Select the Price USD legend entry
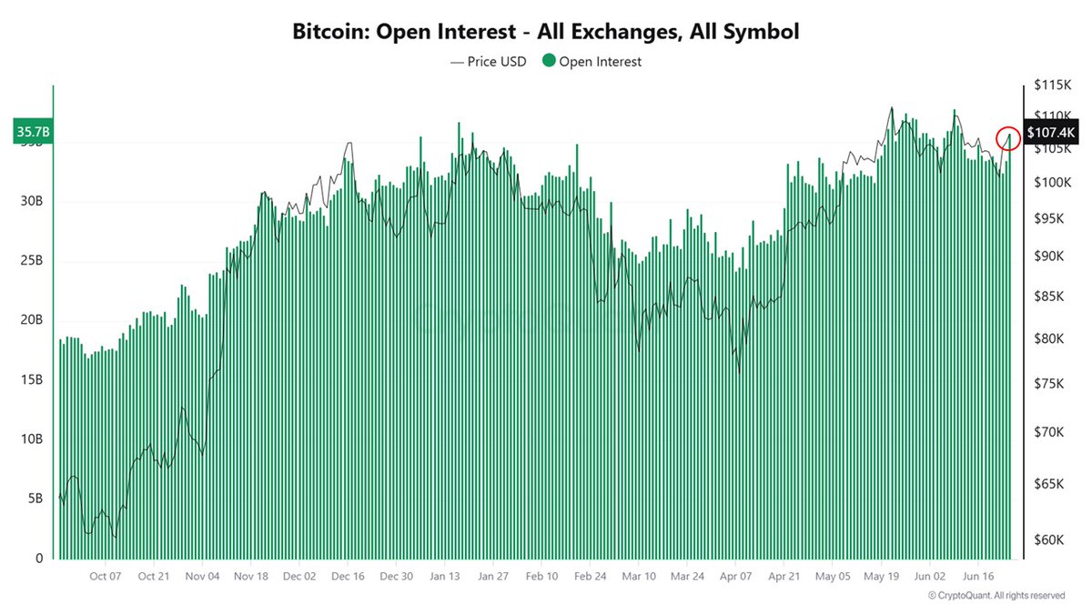pyautogui.click(x=489, y=62)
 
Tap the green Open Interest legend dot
pyautogui.click(x=548, y=62)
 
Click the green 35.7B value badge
pyautogui.click(x=33, y=132)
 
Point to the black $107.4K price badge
pyautogui.click(x=1051, y=133)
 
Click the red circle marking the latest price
pyautogui.click(x=1008, y=138)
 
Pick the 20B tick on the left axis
pyautogui.click(x=32, y=320)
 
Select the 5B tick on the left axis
pyautogui.click(x=35, y=498)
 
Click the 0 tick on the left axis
pyautogui.click(x=39, y=559)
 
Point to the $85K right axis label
pyautogui.click(x=1048, y=297)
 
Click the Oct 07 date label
pyautogui.click(x=106, y=577)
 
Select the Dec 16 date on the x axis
pyautogui.click(x=348, y=577)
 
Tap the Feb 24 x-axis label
pyautogui.click(x=590, y=577)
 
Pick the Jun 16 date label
pyautogui.click(x=978, y=577)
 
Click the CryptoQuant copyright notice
pyautogui.click(x=996, y=596)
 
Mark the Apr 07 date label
pyautogui.click(x=735, y=577)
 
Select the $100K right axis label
pyautogui.click(x=1051, y=183)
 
